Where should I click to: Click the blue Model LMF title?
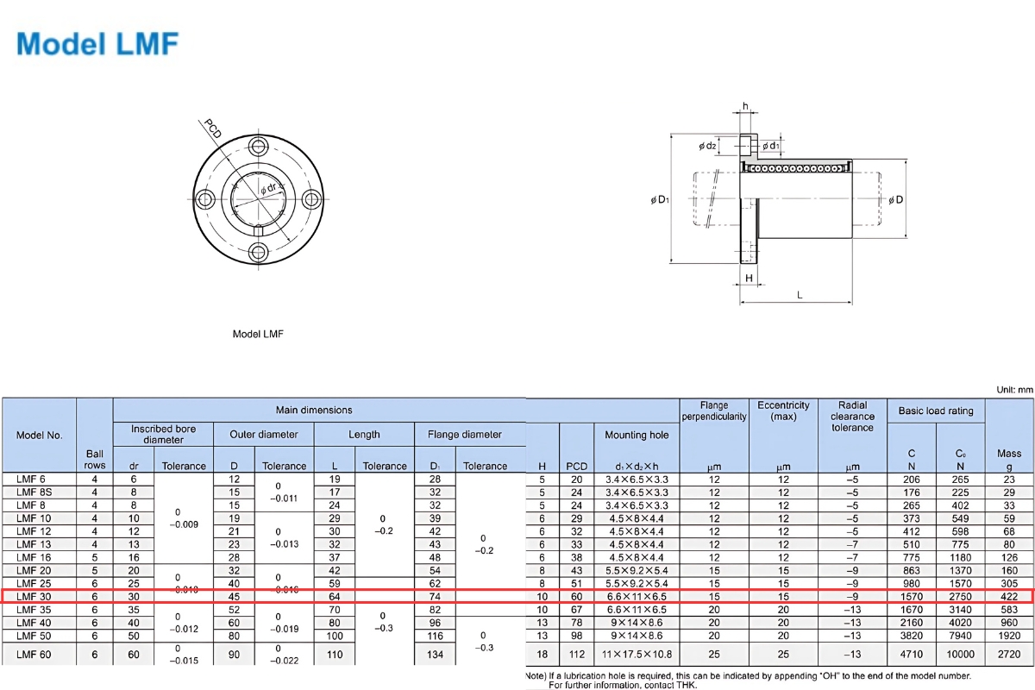pos(97,43)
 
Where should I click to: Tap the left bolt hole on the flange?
pos(206,200)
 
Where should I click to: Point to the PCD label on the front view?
pos(213,129)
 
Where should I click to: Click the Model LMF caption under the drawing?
pos(258,334)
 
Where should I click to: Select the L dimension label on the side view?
pos(800,295)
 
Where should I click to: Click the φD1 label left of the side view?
pos(659,200)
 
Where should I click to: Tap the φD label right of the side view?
pos(896,200)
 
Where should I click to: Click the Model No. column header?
pos(40,435)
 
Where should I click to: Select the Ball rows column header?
pos(95,459)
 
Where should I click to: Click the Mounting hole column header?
pos(637,435)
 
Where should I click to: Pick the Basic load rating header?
pos(936,411)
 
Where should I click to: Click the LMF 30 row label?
pos(34,596)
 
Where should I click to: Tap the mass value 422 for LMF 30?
pos(1008,596)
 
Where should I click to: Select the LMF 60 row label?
pos(34,655)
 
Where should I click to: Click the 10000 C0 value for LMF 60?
pos(960,655)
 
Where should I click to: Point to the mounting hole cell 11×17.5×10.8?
pos(637,655)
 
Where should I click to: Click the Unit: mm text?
pos(1013,390)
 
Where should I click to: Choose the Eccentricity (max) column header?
pos(783,411)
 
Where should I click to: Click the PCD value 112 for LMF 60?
pos(576,655)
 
